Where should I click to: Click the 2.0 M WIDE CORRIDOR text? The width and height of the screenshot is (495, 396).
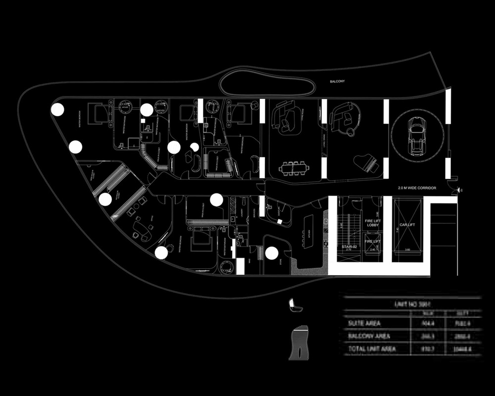(x=420, y=188)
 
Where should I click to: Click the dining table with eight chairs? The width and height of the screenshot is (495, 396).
(x=293, y=168)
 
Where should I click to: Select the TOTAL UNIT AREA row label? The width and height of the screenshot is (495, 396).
(x=372, y=348)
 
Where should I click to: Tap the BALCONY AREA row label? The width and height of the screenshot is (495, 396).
(x=369, y=336)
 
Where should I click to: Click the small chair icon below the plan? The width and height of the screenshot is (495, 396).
(x=295, y=305)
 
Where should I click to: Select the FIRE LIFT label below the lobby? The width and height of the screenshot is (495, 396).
(x=373, y=241)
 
